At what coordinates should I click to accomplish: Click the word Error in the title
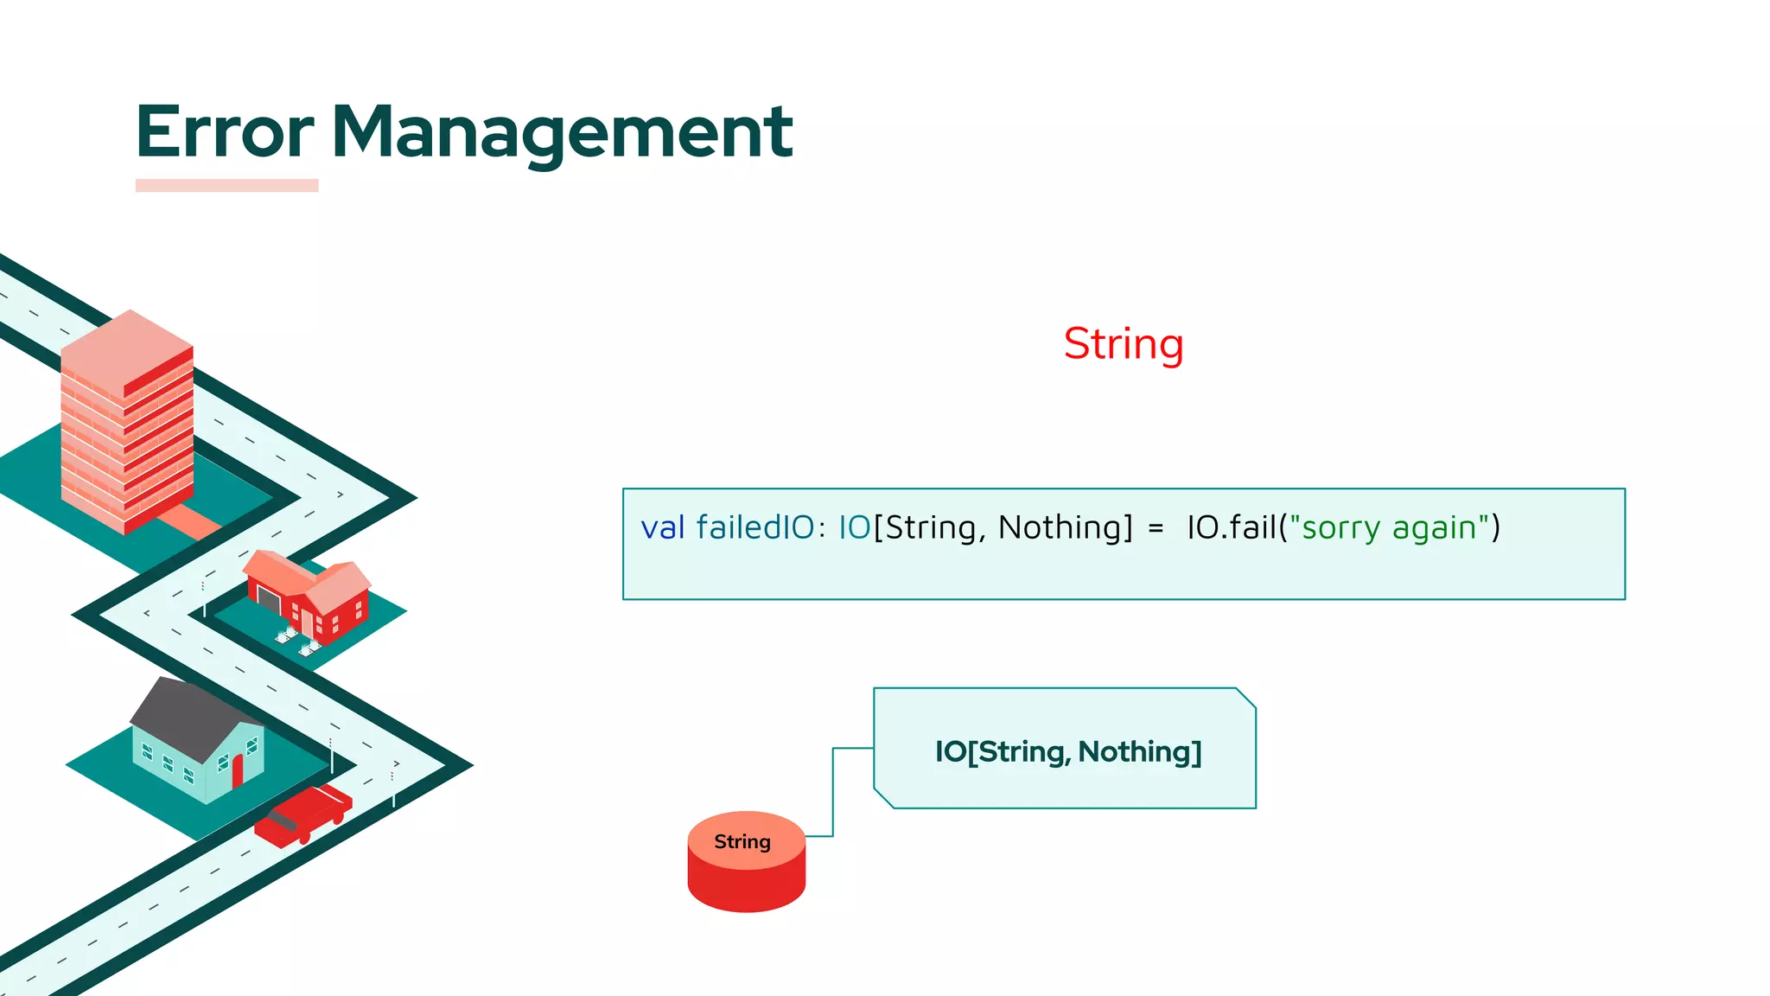pos(225,131)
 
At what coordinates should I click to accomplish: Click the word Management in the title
pos(562,131)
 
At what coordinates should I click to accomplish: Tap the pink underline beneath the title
pos(226,185)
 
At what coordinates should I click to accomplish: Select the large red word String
pos(1123,344)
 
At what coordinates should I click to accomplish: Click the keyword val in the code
pos(662,527)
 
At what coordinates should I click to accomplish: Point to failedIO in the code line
pos(754,527)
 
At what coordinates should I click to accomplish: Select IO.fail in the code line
pos(1231,527)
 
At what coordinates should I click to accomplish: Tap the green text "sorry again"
pos(1389,527)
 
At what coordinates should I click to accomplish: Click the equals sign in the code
pos(1156,528)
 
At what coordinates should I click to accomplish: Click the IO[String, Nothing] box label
pos(1067,751)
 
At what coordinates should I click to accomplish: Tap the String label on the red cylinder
pos(742,841)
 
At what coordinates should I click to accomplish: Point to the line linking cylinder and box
pos(833,791)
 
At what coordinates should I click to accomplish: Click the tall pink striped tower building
pos(127,424)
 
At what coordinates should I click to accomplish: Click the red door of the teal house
pos(238,770)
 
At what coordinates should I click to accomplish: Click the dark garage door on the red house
pos(269,597)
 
